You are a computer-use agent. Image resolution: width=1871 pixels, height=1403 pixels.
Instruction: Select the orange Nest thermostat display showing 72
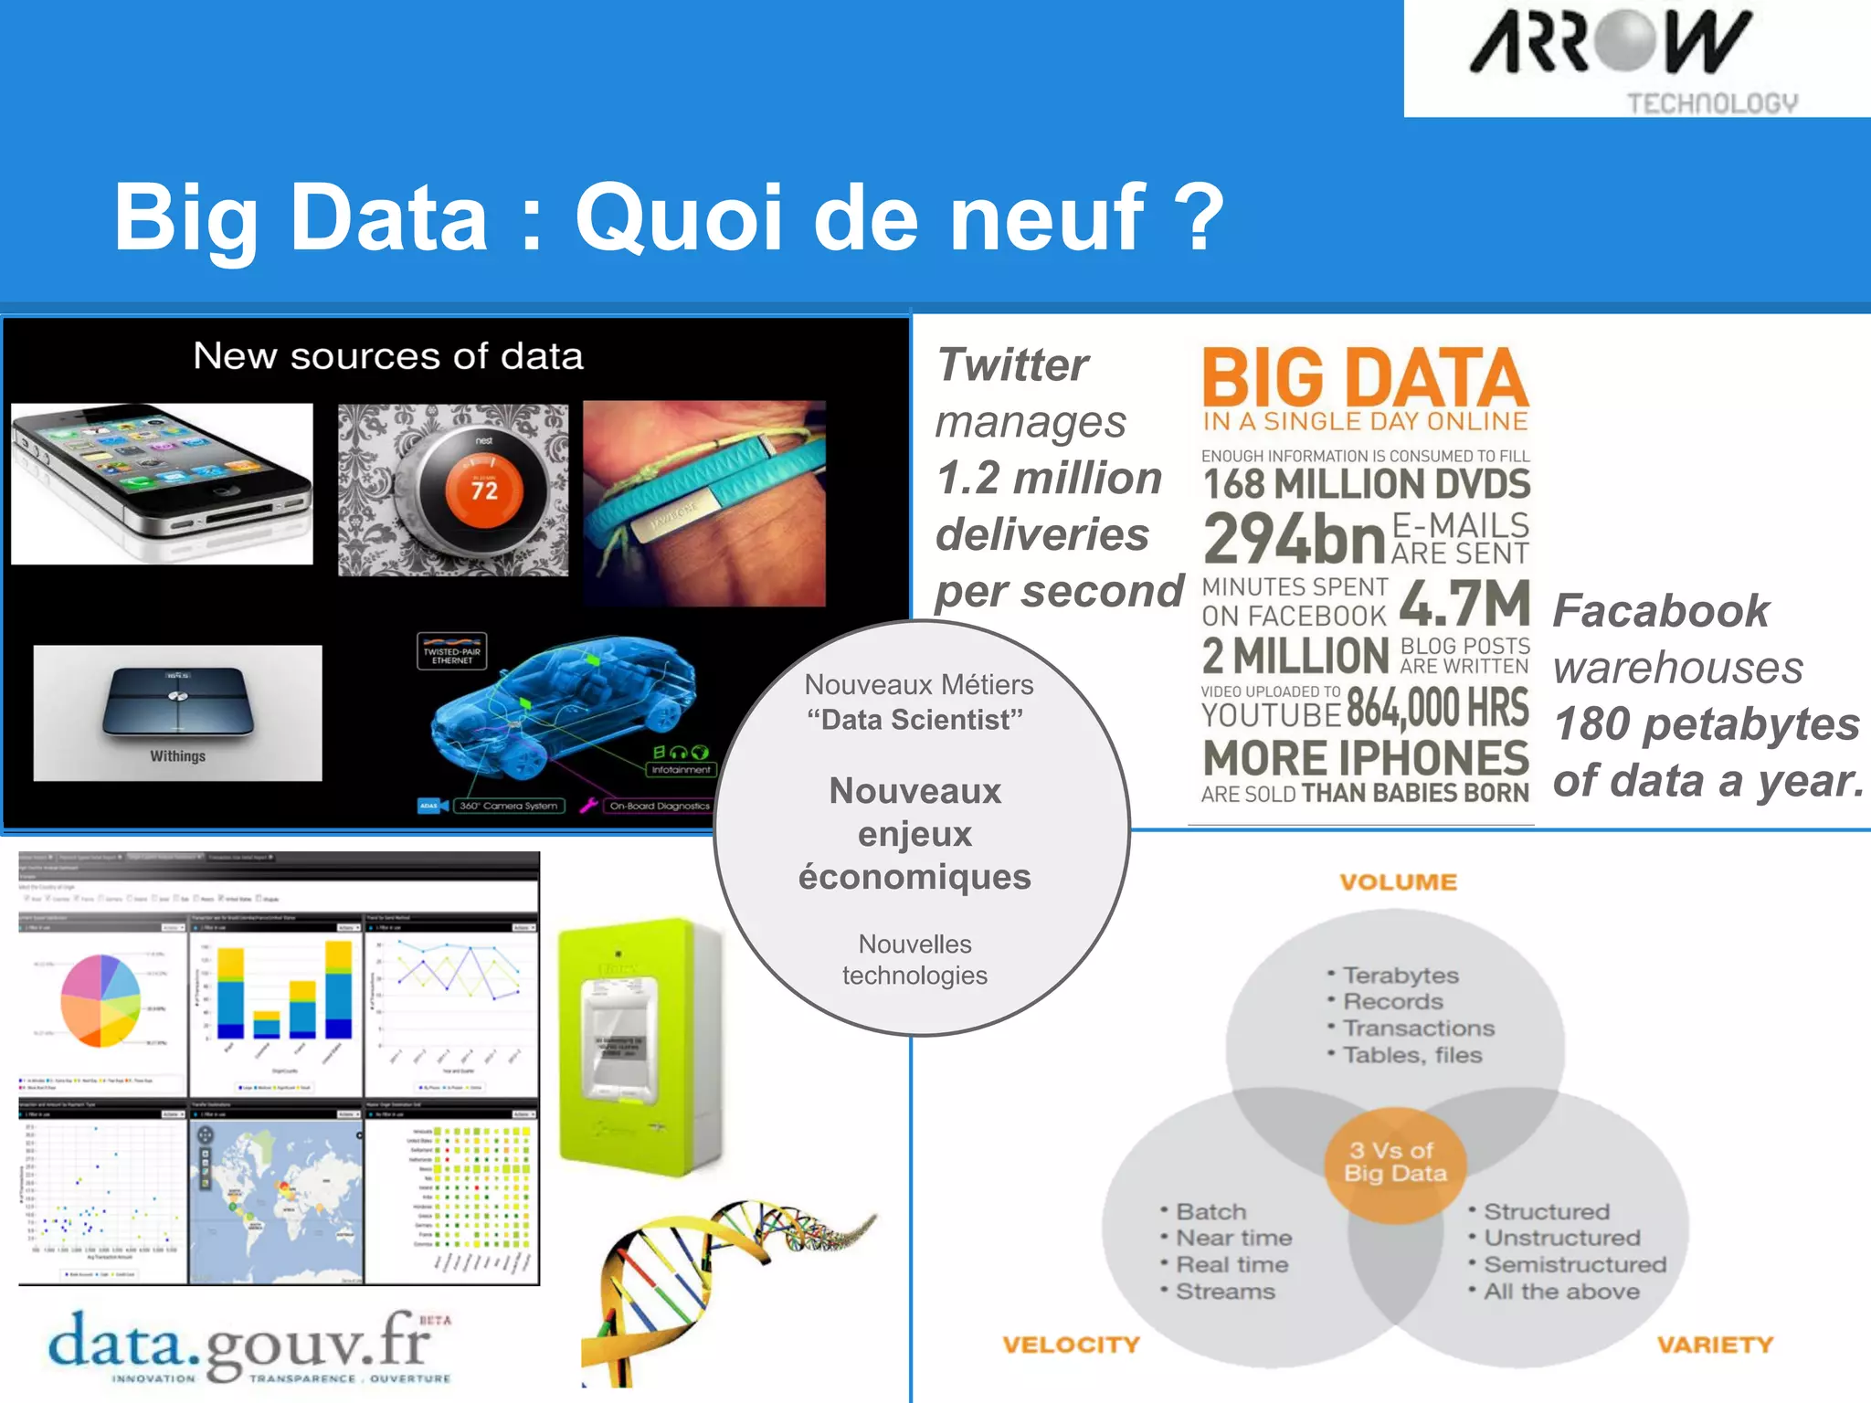(483, 490)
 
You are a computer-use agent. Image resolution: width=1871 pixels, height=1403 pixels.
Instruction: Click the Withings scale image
(177, 712)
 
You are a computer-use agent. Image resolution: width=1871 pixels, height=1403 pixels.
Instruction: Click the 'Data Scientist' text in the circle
(915, 720)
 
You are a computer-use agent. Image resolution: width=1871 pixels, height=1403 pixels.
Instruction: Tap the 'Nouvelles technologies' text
(915, 959)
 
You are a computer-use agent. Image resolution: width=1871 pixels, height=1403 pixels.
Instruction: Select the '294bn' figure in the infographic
(1295, 539)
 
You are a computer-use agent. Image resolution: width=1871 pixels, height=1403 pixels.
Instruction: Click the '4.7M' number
(1464, 603)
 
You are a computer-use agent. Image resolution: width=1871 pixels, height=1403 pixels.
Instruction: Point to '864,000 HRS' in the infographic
(1437, 707)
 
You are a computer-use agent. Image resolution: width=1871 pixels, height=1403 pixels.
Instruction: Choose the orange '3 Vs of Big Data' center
(1395, 1162)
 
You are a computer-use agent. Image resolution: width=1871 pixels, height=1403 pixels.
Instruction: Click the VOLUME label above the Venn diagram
(1398, 882)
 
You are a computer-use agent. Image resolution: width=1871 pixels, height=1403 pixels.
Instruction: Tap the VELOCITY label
(1071, 1345)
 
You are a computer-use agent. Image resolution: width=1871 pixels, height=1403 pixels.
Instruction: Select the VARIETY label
(1715, 1345)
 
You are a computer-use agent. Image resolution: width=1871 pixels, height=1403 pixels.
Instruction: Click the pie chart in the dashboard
(100, 1001)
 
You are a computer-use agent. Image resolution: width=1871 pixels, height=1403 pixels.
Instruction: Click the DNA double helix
(722, 1279)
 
